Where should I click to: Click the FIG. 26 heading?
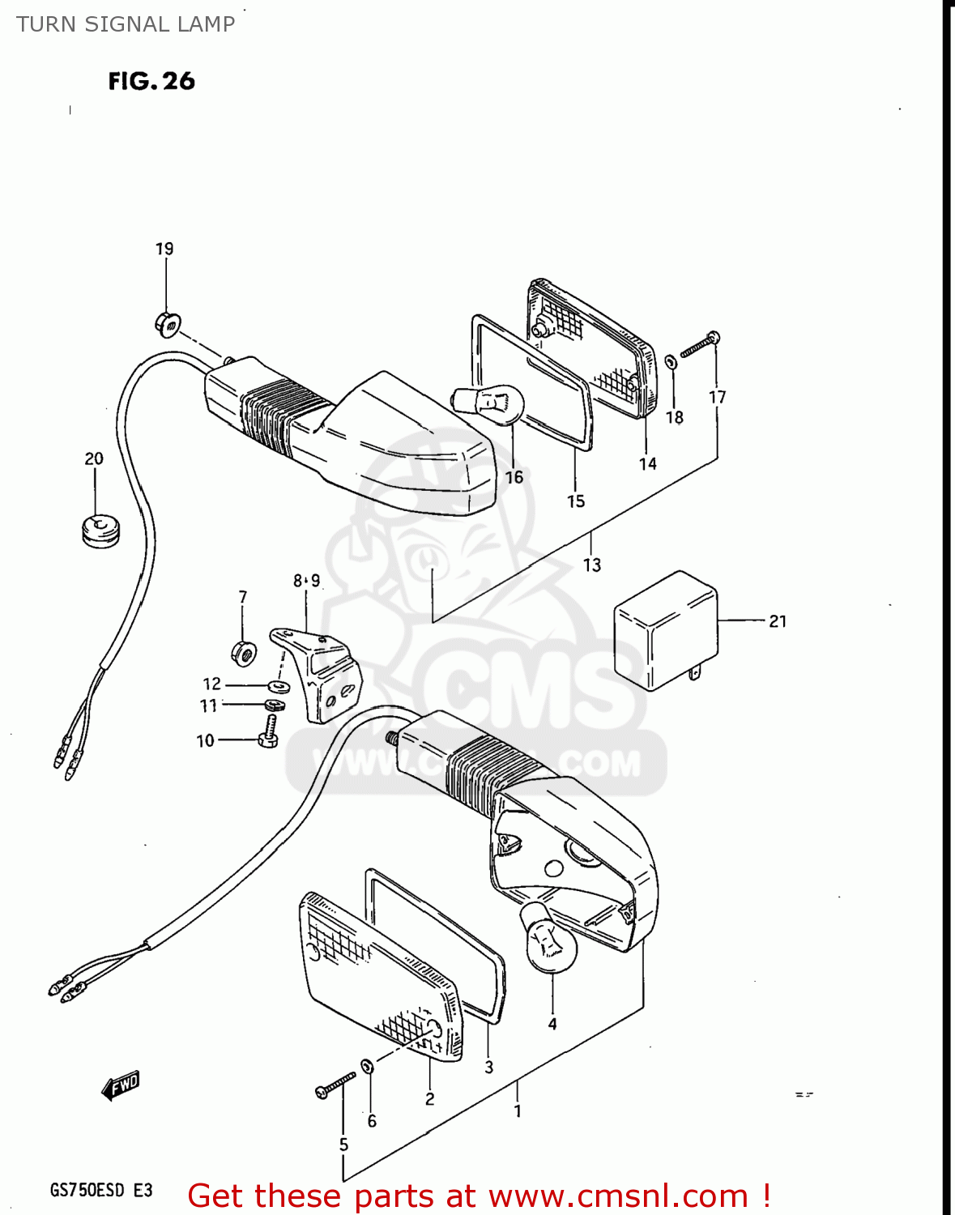coord(151,81)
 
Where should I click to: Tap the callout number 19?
coord(164,249)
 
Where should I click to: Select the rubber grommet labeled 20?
coord(101,529)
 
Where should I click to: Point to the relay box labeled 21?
coord(666,631)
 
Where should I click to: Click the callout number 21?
coord(778,621)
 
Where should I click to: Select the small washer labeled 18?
coord(671,362)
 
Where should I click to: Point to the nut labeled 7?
coord(244,650)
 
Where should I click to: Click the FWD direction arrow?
coord(121,1086)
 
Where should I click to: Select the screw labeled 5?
coord(335,1085)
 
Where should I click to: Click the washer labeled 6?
coord(367,1065)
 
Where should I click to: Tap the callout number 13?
coord(592,565)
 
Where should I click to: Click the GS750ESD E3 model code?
coord(101,1190)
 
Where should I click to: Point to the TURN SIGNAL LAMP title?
coord(126,24)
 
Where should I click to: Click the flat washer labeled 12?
coord(279,686)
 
